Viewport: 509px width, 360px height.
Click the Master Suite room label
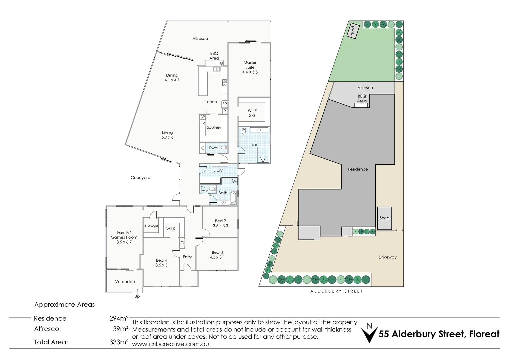pyautogui.click(x=250, y=67)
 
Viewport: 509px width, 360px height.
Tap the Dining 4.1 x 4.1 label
pyautogui.click(x=172, y=78)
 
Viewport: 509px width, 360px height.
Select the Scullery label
pyautogui.click(x=214, y=127)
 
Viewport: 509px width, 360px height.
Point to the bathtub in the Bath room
pyautogui.click(x=233, y=198)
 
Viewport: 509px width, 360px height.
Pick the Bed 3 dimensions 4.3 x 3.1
pyautogui.click(x=217, y=257)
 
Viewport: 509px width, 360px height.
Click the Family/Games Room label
pyautogui.click(x=124, y=237)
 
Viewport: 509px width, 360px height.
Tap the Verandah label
pyautogui.click(x=125, y=282)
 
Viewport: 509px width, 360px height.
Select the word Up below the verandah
pyautogui.click(x=137, y=296)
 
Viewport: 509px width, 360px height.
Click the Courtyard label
pyautogui.click(x=140, y=178)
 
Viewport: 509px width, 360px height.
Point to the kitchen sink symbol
pyautogui.click(x=217, y=69)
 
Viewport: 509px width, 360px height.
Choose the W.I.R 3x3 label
pyautogui.click(x=252, y=113)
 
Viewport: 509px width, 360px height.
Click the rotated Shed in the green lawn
pyautogui.click(x=353, y=31)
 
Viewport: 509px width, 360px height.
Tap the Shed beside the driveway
pyautogui.click(x=384, y=218)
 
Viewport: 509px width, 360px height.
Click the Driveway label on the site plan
pyautogui.click(x=388, y=257)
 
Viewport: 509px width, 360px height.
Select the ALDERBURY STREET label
pyautogui.click(x=336, y=291)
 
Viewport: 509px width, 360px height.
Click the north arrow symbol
pyautogui.click(x=369, y=333)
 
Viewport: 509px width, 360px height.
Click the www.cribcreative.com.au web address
pyautogui.click(x=171, y=344)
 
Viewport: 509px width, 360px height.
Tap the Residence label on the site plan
pyautogui.click(x=358, y=169)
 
